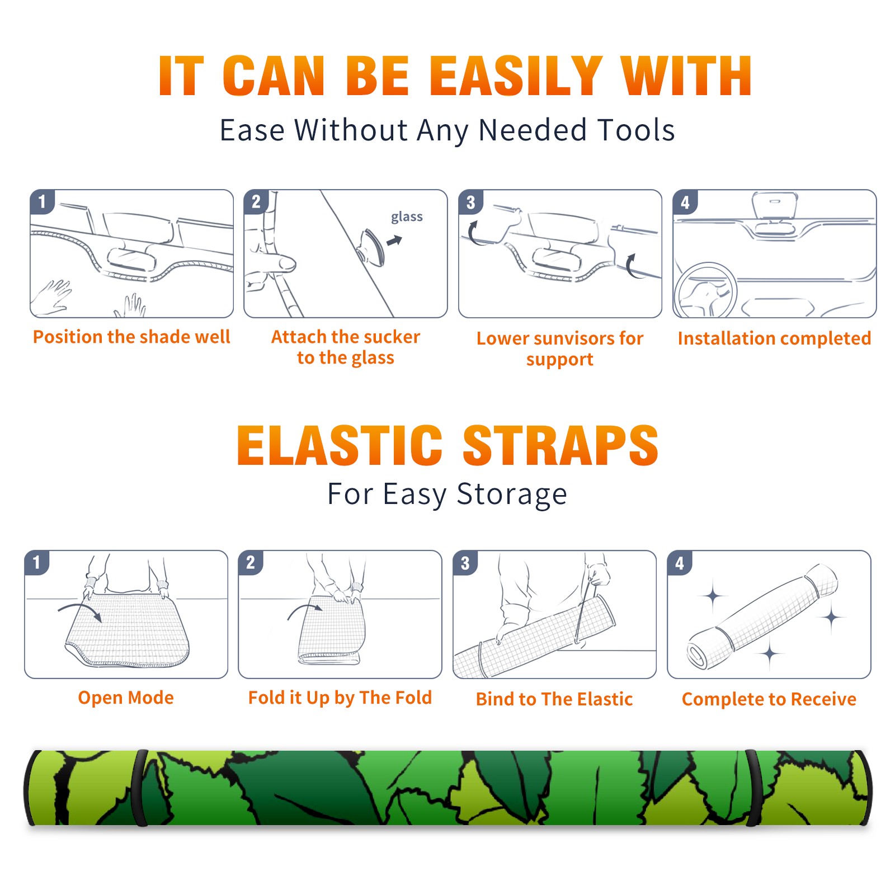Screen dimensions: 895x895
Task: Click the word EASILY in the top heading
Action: click(515, 76)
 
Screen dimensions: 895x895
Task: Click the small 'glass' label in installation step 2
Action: click(407, 216)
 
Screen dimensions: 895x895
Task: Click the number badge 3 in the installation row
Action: click(470, 202)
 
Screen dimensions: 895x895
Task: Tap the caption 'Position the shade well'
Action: click(131, 337)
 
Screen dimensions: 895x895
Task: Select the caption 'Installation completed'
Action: click(774, 338)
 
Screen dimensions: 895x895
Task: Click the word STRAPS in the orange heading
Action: click(560, 445)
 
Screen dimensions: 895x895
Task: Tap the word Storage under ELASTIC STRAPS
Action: click(512, 494)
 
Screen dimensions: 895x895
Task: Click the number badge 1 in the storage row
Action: click(37, 562)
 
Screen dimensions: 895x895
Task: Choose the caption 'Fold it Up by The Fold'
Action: click(340, 698)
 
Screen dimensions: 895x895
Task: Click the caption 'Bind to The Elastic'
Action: click(554, 699)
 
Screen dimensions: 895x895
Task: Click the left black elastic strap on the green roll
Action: click(140, 788)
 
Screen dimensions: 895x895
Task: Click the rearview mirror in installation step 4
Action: click(775, 205)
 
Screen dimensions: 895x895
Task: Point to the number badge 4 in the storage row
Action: click(680, 563)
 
